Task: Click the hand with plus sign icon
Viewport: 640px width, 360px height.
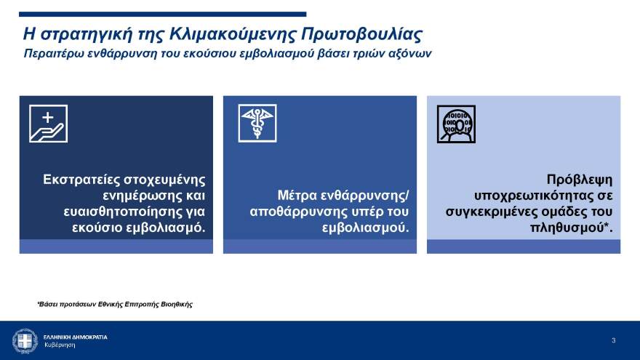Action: [48, 124]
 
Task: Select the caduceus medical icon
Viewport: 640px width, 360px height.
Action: [257, 124]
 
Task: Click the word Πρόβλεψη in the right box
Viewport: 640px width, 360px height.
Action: [580, 180]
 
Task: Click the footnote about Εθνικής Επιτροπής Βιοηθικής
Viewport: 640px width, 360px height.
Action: [115, 304]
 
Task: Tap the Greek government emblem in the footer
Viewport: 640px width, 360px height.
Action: [25, 340]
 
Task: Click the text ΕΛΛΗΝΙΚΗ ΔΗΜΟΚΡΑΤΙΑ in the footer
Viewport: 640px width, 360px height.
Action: [76, 337]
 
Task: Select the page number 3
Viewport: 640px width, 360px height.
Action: [613, 340]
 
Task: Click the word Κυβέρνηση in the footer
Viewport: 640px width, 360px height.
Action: [60, 345]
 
